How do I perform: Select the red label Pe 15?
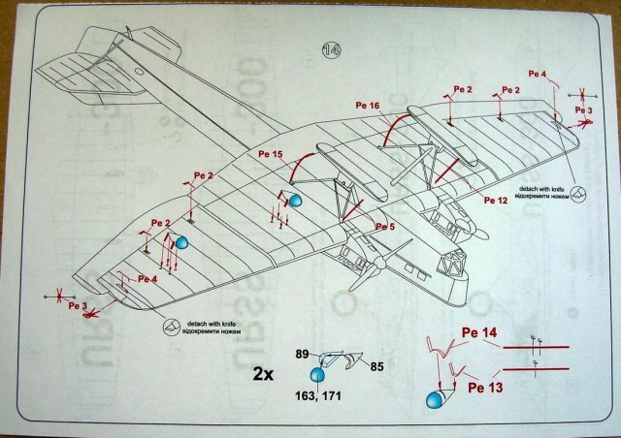click(272, 154)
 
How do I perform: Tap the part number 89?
click(302, 356)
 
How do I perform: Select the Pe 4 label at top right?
click(538, 74)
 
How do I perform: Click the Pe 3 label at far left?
click(79, 306)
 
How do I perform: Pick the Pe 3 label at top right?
click(582, 111)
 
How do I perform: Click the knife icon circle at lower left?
click(172, 328)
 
